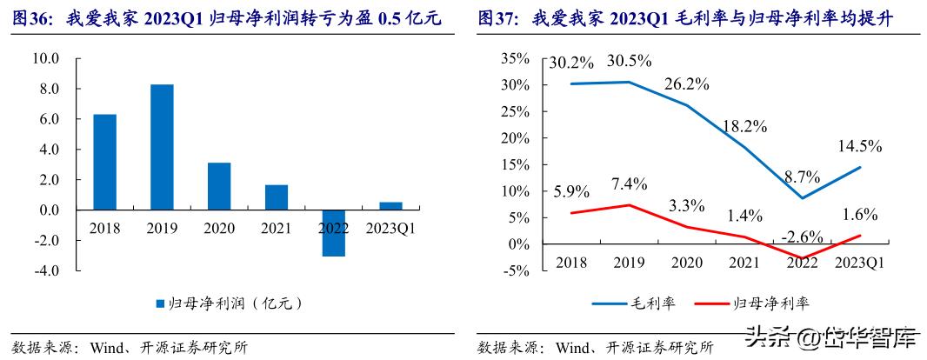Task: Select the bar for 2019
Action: (x=162, y=147)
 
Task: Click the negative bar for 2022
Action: (x=333, y=233)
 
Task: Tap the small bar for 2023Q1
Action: (x=390, y=206)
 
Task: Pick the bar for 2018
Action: (x=104, y=162)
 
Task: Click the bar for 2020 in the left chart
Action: (x=219, y=186)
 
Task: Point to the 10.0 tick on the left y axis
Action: (x=44, y=59)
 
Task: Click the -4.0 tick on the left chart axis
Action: (x=44, y=270)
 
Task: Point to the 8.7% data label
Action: (x=801, y=177)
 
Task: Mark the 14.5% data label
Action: (x=859, y=146)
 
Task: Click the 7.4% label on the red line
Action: (x=628, y=183)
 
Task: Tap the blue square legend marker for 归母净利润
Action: (x=159, y=304)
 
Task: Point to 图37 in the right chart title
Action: (x=498, y=17)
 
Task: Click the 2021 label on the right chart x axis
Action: (x=744, y=263)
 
